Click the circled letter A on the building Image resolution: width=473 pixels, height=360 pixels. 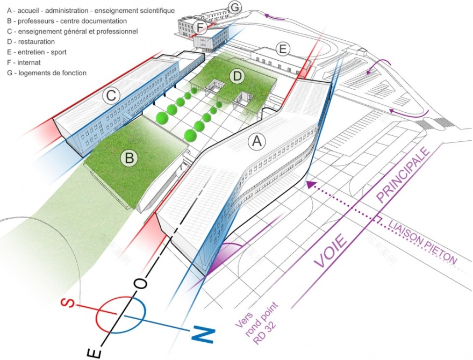(256, 142)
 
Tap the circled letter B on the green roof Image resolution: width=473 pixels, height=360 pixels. (129, 159)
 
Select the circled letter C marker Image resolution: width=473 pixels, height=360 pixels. (111, 96)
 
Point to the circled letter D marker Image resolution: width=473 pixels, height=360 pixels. (237, 77)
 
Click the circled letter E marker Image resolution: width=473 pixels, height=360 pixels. (282, 49)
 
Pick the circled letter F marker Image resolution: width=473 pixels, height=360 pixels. (200, 27)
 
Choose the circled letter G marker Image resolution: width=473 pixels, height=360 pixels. (235, 7)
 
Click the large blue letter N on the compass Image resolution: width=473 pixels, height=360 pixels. (203, 334)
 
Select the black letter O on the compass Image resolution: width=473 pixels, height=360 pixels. (140, 283)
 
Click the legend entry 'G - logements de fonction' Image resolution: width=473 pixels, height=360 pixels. (46, 73)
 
